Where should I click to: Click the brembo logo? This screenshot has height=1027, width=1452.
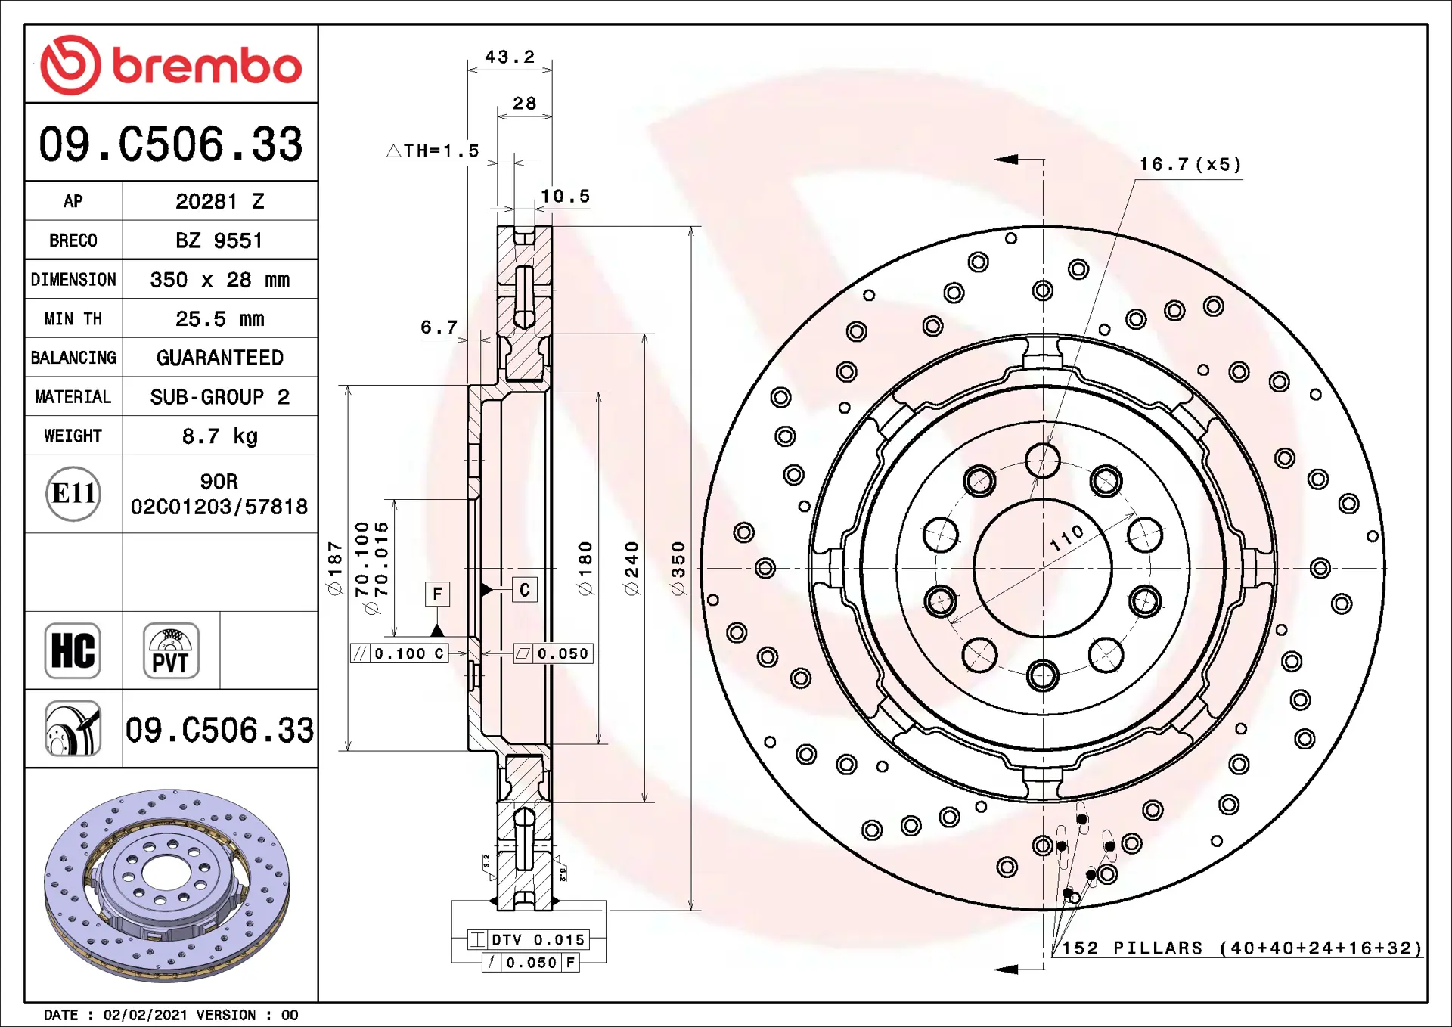[171, 65]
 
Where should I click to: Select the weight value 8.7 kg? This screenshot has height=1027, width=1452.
[220, 436]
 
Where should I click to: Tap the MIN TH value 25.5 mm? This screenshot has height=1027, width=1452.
[220, 319]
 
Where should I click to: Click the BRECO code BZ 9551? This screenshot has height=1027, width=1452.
[219, 240]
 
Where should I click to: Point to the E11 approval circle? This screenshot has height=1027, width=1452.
[73, 494]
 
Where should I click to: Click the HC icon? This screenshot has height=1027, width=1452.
[73, 650]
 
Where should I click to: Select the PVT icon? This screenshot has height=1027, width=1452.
[171, 650]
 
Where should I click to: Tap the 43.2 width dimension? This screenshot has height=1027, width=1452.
[510, 57]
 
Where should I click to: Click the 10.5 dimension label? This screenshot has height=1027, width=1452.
[565, 197]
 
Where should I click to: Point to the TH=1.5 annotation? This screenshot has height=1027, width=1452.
[433, 151]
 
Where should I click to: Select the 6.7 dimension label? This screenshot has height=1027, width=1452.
[439, 327]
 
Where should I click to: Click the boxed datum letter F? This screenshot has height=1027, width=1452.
[437, 594]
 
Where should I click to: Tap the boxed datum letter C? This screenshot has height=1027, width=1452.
[525, 590]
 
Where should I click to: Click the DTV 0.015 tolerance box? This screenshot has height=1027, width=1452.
[528, 940]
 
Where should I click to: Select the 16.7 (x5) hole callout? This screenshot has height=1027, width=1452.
[1190, 165]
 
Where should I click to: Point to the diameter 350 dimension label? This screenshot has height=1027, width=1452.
[678, 569]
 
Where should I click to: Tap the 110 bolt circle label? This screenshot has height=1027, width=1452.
[1067, 538]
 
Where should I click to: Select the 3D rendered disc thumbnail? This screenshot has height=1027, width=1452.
[167, 886]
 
